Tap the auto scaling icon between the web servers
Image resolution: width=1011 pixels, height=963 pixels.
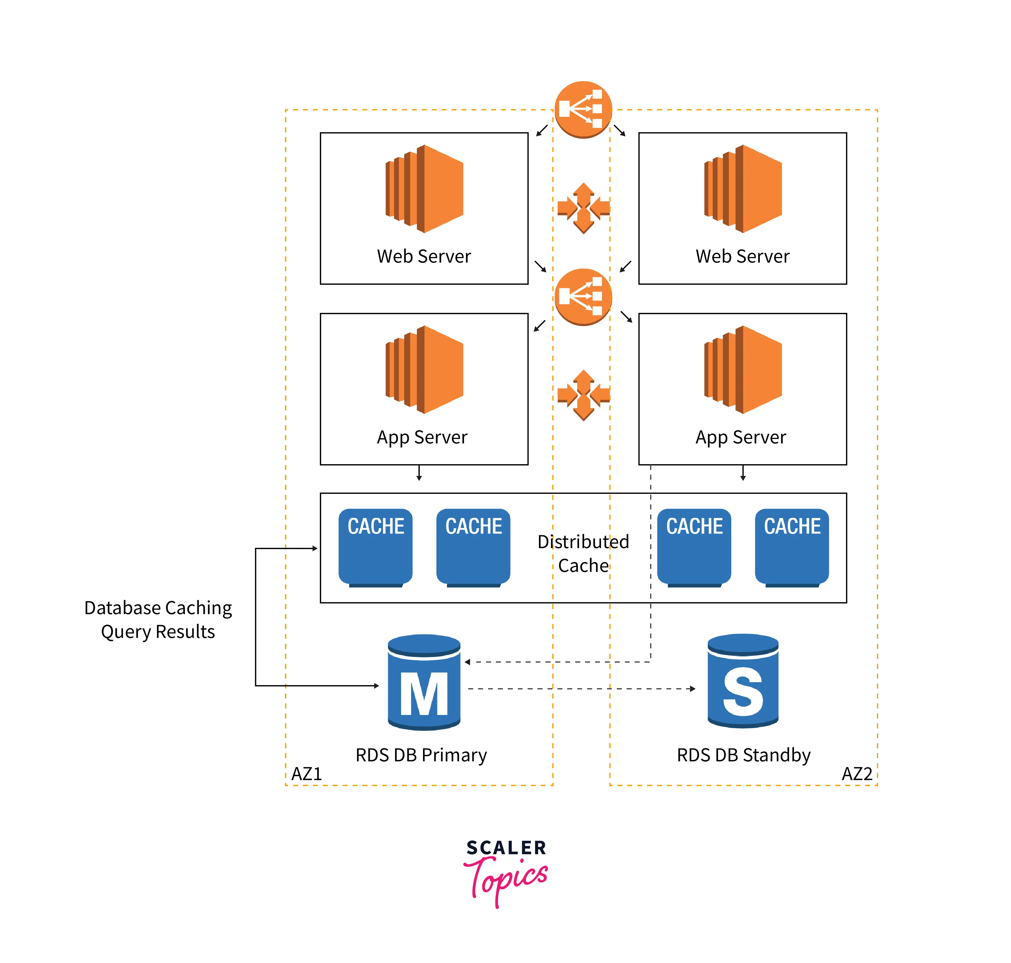click(x=584, y=208)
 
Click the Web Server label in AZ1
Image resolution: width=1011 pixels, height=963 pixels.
click(x=424, y=256)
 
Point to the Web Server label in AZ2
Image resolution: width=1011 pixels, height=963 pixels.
click(x=742, y=256)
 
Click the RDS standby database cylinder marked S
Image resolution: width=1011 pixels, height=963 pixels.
click(x=743, y=681)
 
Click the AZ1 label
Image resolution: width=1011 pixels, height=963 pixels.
click(x=306, y=774)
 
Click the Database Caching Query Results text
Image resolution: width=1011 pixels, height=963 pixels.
click(x=158, y=619)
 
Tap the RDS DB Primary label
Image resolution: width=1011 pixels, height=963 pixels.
click(x=421, y=755)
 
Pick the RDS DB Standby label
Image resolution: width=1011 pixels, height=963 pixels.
click(x=743, y=755)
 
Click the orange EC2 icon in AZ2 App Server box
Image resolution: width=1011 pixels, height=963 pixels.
click(x=743, y=370)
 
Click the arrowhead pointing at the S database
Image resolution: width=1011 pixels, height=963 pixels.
click(x=693, y=689)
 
